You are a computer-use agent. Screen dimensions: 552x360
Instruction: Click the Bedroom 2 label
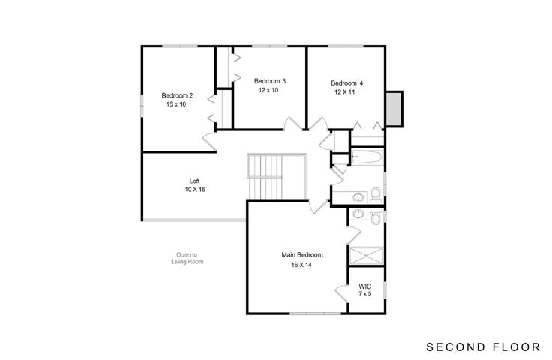tap(177, 95)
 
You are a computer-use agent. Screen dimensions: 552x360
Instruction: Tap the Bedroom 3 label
tap(270, 81)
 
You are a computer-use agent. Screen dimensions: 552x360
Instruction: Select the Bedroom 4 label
tap(346, 83)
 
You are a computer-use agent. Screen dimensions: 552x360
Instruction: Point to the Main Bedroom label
tap(302, 255)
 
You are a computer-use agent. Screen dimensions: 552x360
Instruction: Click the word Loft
tap(195, 181)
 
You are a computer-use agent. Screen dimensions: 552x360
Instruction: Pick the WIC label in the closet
tap(365, 286)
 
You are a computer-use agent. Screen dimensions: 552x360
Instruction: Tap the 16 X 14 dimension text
tap(301, 265)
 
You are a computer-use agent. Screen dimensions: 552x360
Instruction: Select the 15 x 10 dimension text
tap(176, 104)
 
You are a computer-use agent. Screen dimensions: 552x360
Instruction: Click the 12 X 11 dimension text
tap(345, 92)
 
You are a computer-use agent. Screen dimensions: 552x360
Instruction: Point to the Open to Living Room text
tap(187, 258)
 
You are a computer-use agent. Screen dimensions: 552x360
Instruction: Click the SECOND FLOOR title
tap(483, 347)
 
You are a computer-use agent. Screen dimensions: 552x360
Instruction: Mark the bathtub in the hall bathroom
tap(367, 157)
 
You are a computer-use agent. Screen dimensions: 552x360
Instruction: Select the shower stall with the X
tap(366, 256)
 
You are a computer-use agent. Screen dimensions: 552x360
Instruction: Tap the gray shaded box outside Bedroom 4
tap(394, 109)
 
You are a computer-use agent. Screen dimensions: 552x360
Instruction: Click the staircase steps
tap(265, 177)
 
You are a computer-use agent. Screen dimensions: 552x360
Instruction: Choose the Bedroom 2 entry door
tap(209, 142)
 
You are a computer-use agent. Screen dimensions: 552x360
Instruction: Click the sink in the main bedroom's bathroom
tap(358, 214)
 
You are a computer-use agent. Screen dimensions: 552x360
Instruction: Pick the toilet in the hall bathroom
tap(376, 194)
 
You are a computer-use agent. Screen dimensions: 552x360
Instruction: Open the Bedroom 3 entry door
tap(292, 124)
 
